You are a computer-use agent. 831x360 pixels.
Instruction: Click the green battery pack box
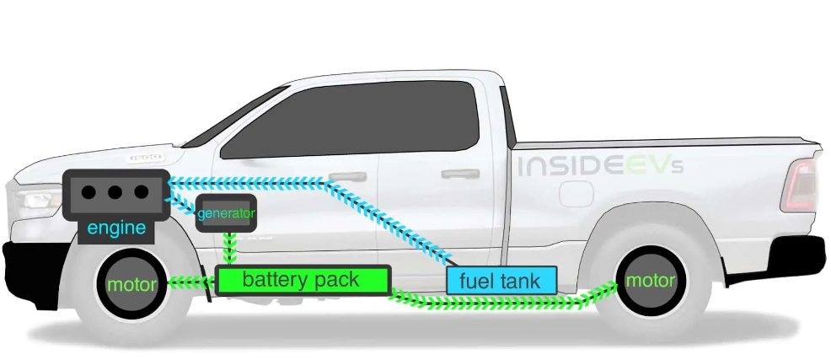303,280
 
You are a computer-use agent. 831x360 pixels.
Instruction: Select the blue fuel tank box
501,280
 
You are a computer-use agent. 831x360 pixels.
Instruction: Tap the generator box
225,214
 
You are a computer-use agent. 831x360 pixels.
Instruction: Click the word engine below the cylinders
116,228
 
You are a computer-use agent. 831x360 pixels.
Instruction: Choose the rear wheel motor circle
650,280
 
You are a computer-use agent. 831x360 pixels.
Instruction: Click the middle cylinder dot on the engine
116,192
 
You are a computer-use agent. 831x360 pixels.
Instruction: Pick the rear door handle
461,175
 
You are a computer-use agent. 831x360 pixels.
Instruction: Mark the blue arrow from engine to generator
181,201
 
